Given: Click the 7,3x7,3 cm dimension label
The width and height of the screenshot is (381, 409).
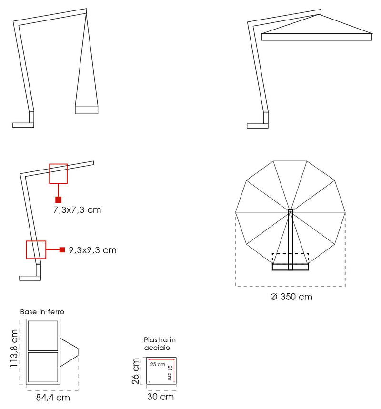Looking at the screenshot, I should (x=77, y=209).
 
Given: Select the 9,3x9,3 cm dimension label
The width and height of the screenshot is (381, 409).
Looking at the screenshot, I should (x=92, y=250).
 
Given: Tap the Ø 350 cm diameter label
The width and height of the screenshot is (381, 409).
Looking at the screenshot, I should (x=291, y=297).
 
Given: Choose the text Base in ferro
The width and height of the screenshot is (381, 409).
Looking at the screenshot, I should (x=42, y=312).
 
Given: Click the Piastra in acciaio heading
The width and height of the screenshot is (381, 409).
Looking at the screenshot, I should (x=160, y=344).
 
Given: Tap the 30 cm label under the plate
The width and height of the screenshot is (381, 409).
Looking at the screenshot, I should (x=160, y=397).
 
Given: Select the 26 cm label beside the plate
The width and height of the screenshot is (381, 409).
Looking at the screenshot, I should (x=137, y=371).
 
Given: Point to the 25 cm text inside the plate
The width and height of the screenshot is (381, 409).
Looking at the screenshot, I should (x=158, y=364).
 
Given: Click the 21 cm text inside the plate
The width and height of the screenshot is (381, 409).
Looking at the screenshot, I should (x=169, y=373).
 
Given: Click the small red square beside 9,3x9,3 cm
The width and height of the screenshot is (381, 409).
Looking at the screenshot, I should (x=62, y=249).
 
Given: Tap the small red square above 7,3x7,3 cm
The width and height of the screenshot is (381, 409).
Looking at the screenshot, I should (x=58, y=200).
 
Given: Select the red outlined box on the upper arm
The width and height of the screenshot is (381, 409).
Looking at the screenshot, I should (x=58, y=173).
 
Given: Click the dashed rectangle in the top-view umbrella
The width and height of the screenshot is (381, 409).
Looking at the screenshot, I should (x=291, y=259).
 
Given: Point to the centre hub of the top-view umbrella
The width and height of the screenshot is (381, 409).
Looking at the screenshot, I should (x=291, y=211).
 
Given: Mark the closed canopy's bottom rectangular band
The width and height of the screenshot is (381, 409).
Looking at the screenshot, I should (x=87, y=110).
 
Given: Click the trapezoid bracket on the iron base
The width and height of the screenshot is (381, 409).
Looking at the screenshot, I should (x=69, y=352).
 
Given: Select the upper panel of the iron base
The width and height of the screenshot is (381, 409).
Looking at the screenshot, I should (x=43, y=336).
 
